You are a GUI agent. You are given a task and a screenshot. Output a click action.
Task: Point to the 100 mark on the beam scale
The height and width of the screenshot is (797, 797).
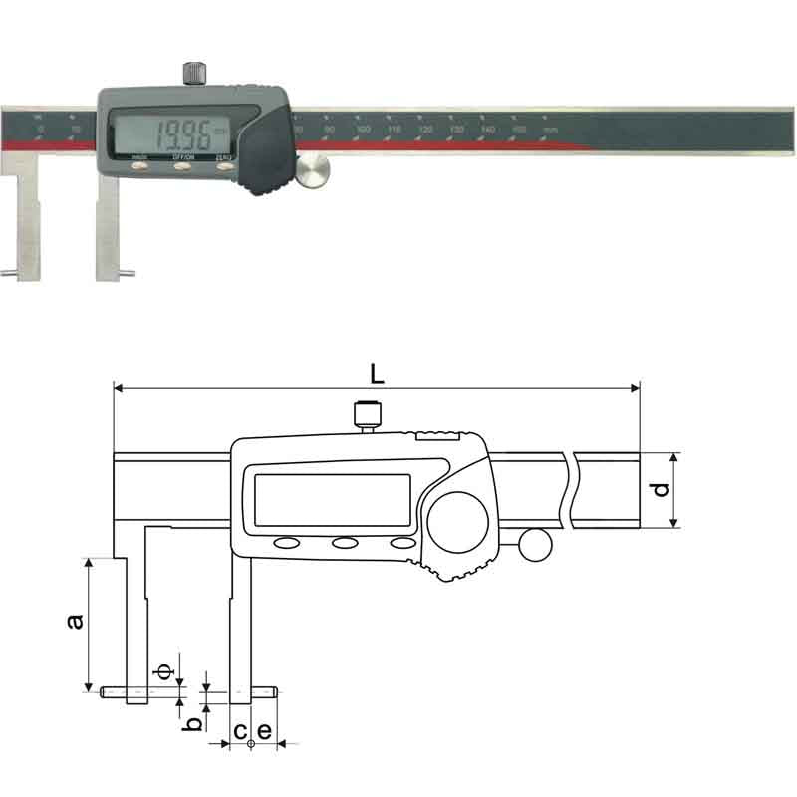363,131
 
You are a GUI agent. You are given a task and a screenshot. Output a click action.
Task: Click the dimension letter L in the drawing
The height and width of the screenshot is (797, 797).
376,374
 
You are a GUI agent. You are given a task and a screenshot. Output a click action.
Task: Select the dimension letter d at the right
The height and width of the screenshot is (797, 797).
659,490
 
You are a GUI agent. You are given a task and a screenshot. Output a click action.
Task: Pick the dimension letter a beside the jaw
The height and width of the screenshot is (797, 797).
73,622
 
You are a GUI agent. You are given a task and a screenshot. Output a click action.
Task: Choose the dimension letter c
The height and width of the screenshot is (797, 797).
239,731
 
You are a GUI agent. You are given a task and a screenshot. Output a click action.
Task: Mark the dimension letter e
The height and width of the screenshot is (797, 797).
264,731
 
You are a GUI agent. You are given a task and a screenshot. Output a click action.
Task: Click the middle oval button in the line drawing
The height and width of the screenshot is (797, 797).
346,543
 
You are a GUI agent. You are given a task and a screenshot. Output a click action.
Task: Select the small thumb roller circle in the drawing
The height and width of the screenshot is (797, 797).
534,544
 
